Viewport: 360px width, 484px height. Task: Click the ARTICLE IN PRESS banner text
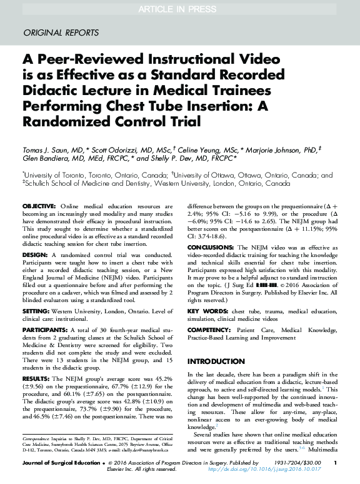click(x=180, y=8)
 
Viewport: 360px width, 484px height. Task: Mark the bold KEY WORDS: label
click(x=208, y=311)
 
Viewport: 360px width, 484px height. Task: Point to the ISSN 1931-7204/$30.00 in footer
click(x=291, y=463)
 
